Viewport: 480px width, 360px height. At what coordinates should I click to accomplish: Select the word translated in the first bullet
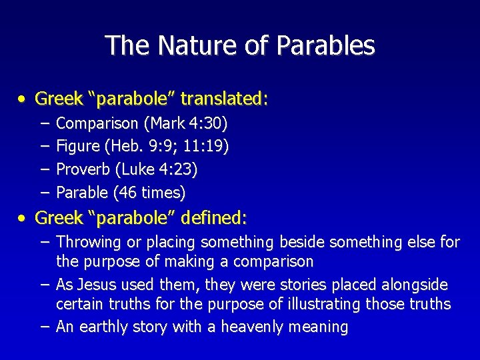tap(224, 99)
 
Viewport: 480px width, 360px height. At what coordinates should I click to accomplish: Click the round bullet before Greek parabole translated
tap(23, 100)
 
